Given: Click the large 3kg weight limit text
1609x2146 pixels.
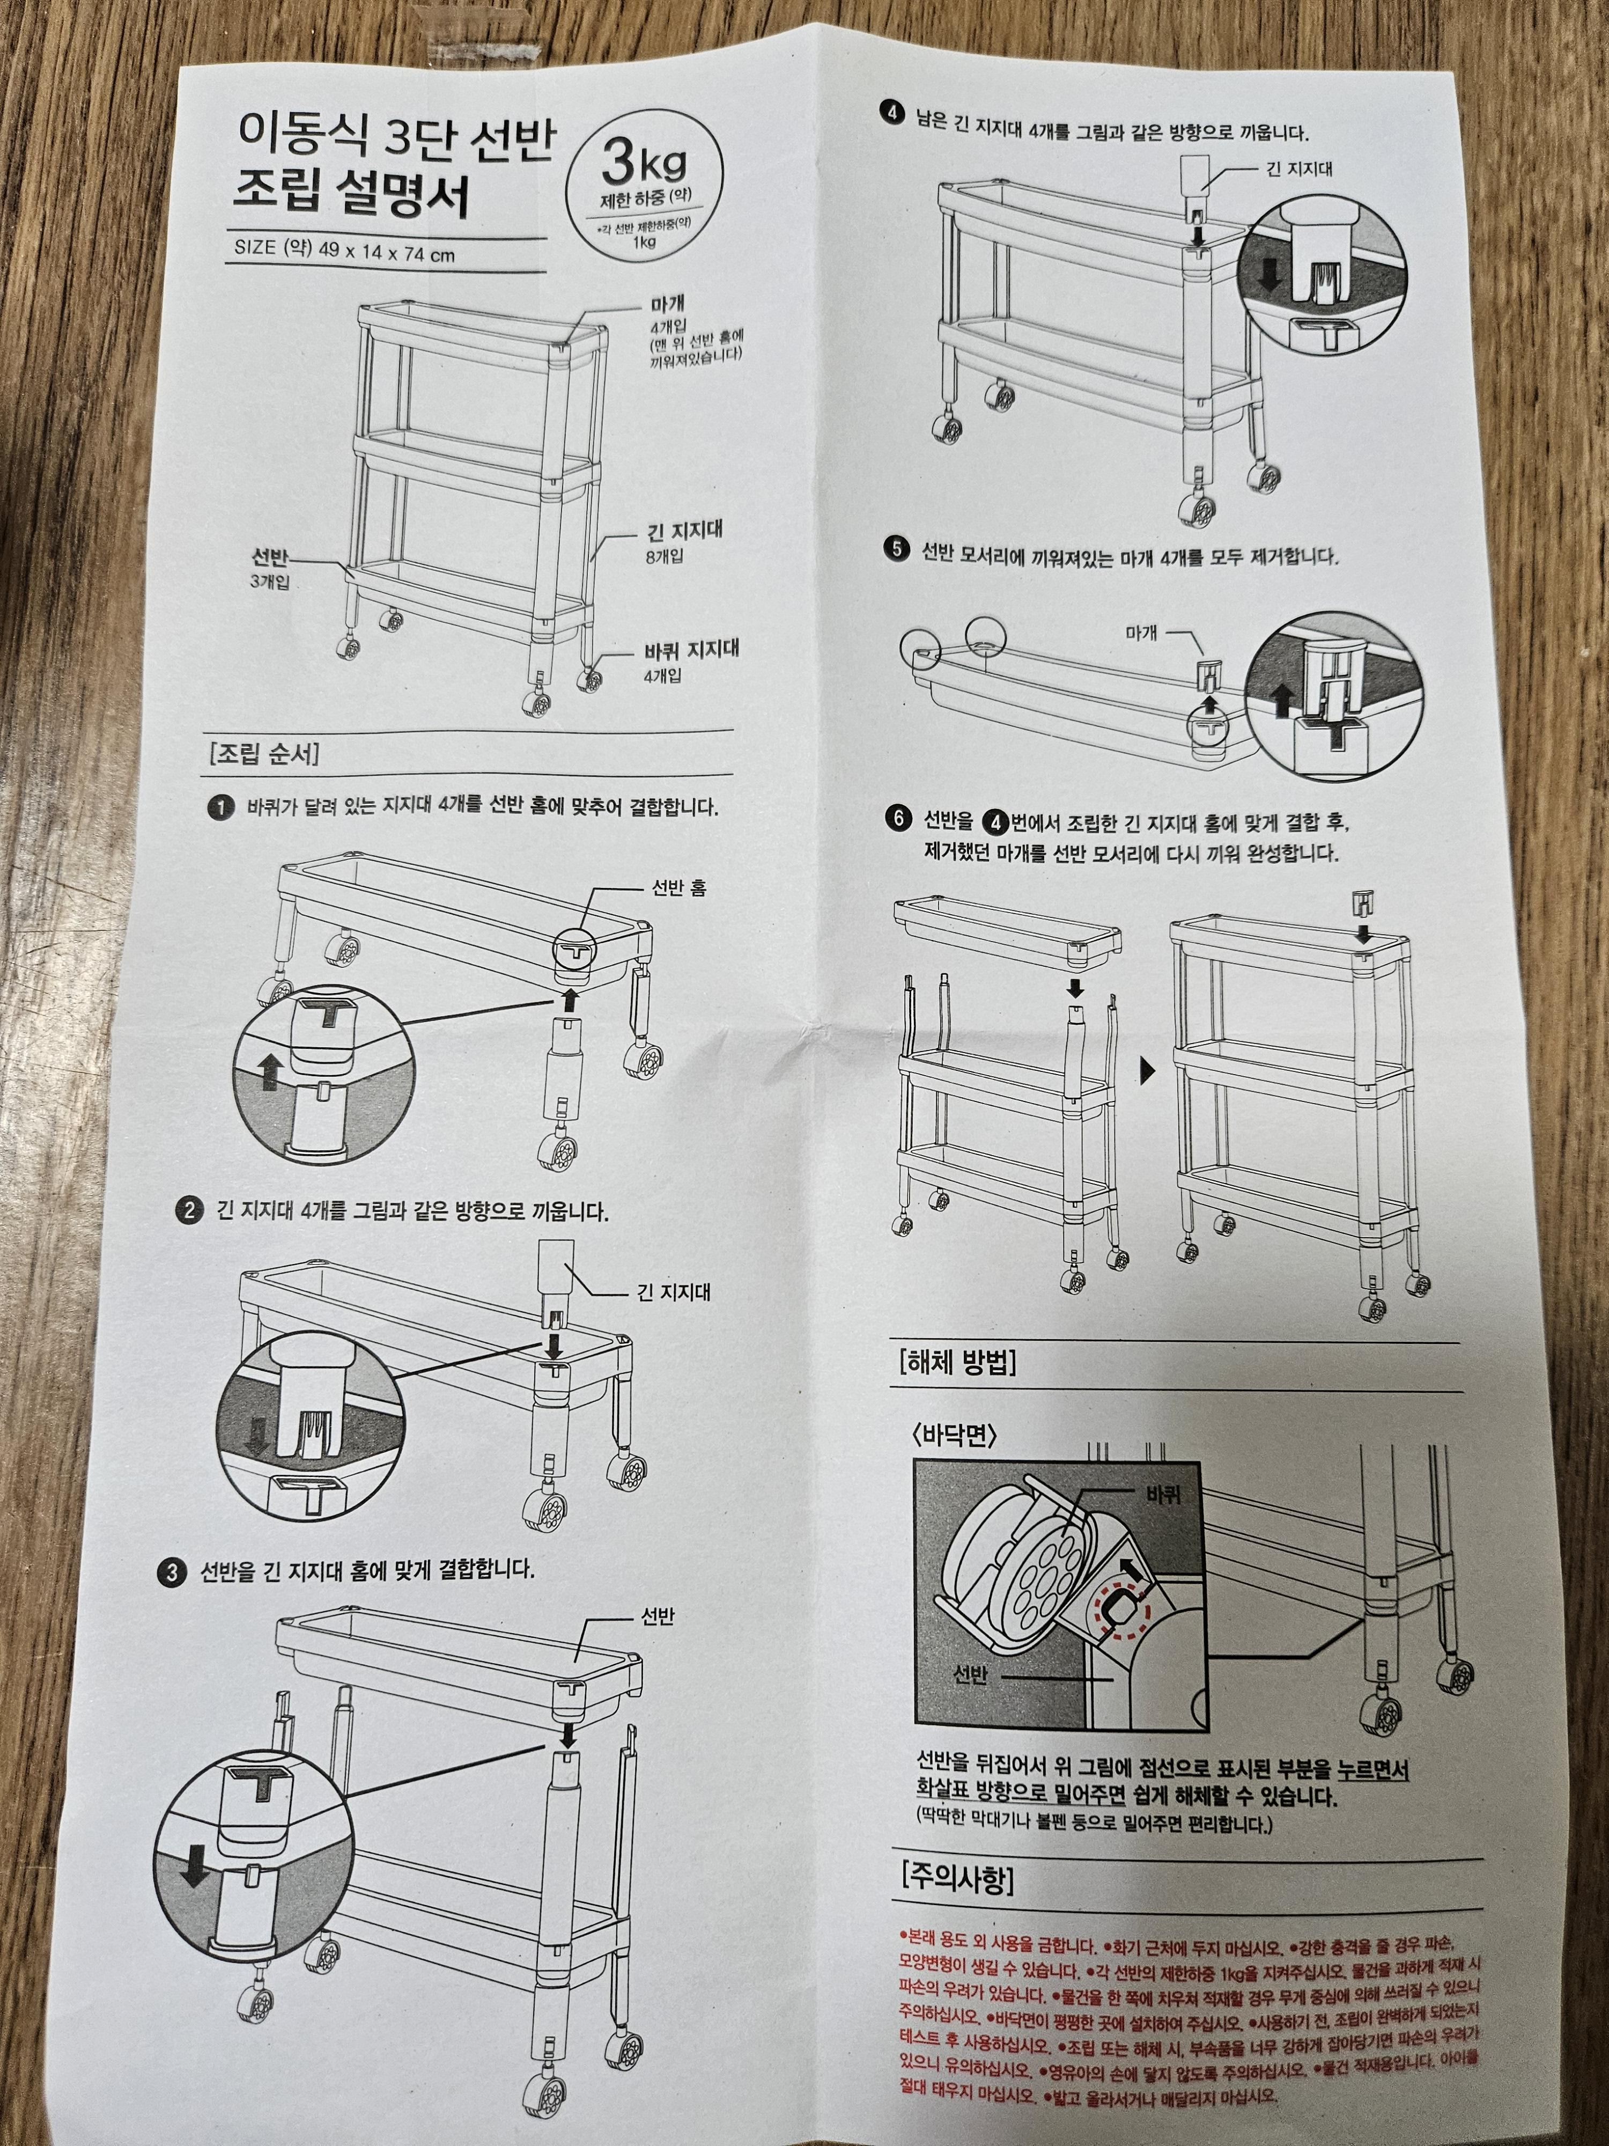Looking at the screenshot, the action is click(643, 163).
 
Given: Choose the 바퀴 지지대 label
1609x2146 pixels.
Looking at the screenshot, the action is click(691, 650).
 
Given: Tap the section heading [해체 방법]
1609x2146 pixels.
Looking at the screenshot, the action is click(957, 1363).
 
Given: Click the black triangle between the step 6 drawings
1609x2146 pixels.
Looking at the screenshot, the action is click(1148, 1070).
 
